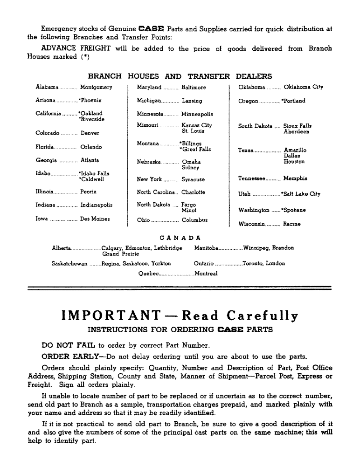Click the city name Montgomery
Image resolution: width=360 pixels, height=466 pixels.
96,87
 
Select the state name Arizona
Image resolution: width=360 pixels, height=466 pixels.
45,101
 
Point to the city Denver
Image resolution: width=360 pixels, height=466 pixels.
90,133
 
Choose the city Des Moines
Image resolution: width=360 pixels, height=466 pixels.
95,219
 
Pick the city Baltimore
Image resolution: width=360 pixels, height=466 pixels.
194,87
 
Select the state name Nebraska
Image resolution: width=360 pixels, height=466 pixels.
149,162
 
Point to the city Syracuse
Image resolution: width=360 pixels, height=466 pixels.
193,179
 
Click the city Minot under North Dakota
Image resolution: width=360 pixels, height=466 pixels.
189,211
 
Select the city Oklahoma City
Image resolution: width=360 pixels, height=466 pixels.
303,87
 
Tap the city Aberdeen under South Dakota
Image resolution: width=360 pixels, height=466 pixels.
297,132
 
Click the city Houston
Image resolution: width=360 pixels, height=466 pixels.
294,162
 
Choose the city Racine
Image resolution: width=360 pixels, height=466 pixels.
292,224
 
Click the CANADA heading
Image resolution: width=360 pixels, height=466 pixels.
180,238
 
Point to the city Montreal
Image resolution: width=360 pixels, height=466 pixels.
206,274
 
